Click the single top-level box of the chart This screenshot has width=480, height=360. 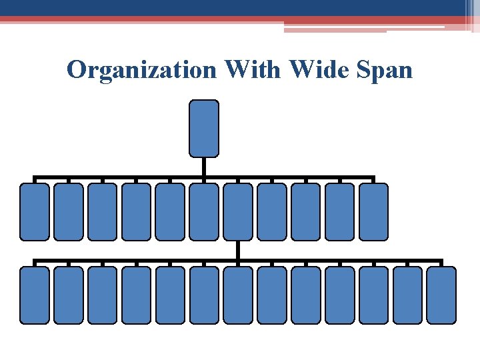pos(204,128)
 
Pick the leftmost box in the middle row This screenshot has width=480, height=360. pos(34,211)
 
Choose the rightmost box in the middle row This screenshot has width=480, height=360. pos(373,211)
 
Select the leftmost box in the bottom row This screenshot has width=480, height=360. pos(34,295)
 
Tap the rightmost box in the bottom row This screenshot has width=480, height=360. pos(441,295)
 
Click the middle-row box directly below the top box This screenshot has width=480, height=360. pos(204,211)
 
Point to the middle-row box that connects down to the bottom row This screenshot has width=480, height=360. pos(238,211)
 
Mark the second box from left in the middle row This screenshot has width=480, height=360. pos(68,211)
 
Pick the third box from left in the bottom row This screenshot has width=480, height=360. pos(102,295)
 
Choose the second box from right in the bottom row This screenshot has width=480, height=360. pos(407,295)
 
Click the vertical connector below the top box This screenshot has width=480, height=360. pos(204,167)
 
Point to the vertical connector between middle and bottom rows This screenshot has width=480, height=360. pos(238,250)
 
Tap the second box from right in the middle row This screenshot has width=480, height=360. pos(339,211)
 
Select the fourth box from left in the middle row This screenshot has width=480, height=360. pos(136,211)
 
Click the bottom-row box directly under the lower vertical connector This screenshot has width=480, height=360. pos(238,295)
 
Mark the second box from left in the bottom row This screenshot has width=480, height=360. pos(68,295)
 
